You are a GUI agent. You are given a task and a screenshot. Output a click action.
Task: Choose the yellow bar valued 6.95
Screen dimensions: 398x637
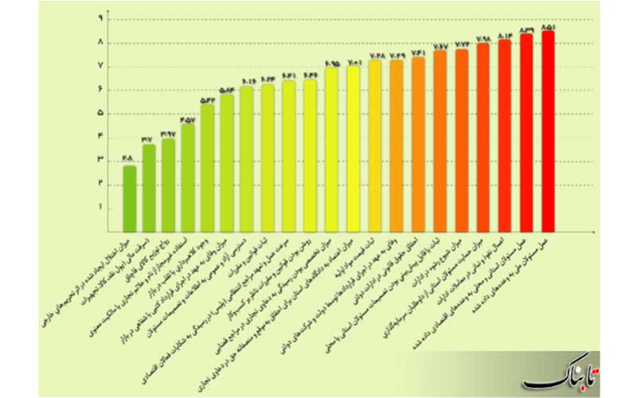pyautogui.click(x=331, y=148)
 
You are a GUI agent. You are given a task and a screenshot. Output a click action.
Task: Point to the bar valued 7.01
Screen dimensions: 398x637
pyautogui.click(x=353, y=147)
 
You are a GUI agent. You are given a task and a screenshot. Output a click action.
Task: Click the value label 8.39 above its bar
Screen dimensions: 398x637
pyautogui.click(x=526, y=29)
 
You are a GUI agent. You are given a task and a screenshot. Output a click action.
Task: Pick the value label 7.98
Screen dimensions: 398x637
pyautogui.click(x=483, y=38)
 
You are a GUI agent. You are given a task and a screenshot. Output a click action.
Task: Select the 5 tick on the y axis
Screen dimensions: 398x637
pyautogui.click(x=100, y=113)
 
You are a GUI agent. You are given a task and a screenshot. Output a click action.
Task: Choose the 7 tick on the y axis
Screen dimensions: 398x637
pyautogui.click(x=100, y=66)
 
